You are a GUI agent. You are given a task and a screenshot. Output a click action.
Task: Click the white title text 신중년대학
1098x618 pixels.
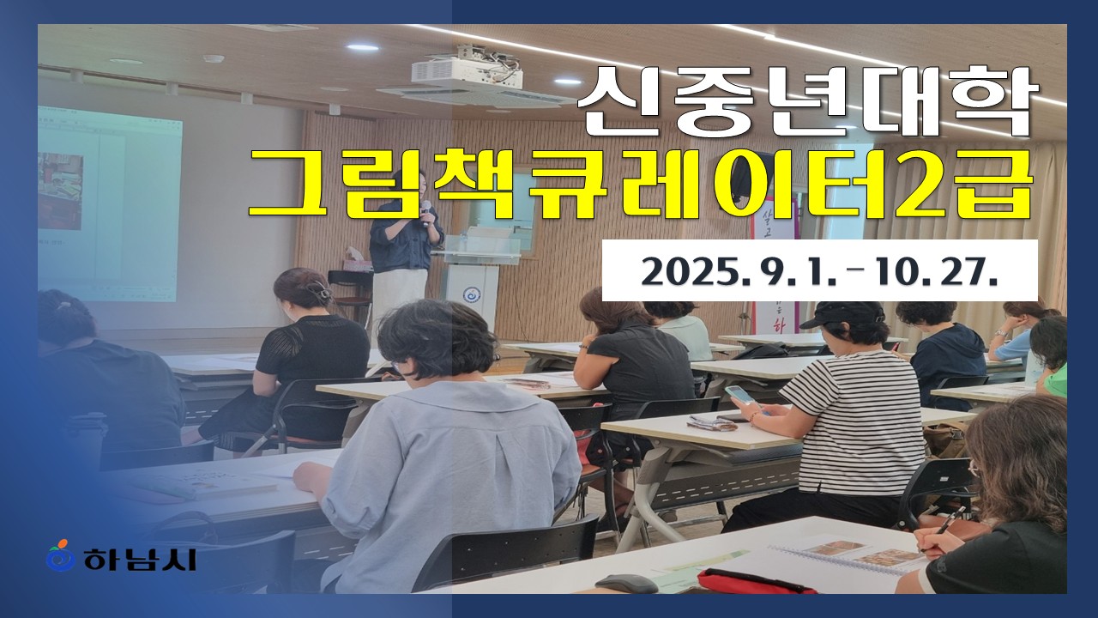click(x=808, y=100)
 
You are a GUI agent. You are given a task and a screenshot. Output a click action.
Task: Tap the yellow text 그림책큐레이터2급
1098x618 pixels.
click(x=641, y=183)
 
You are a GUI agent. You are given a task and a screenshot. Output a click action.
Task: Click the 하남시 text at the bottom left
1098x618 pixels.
click(x=140, y=559)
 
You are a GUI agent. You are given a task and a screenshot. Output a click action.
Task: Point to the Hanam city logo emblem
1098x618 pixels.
click(x=60, y=555)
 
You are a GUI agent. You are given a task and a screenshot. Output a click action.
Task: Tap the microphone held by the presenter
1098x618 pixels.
click(x=425, y=213)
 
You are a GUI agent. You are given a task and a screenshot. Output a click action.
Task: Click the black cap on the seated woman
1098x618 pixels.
click(x=842, y=315)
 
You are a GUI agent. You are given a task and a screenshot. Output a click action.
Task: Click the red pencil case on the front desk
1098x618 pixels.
click(x=755, y=582)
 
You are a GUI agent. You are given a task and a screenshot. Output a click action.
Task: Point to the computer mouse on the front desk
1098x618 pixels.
click(x=626, y=584)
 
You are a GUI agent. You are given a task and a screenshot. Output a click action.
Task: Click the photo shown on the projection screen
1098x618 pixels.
click(x=60, y=191)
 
